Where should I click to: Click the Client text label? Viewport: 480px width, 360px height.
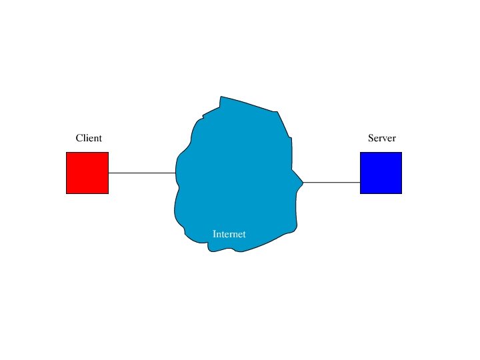pos(89,139)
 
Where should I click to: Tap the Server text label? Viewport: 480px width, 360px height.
pos(382,139)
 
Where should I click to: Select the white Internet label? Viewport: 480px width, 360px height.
pos(229,235)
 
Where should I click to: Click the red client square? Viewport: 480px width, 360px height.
pos(87,173)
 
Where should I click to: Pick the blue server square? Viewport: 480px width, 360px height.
pos(381,173)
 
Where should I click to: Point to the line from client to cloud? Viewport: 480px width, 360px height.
pos(142,173)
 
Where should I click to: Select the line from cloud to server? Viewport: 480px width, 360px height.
pos(332,182)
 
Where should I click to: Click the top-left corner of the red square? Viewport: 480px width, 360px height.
pos(67,153)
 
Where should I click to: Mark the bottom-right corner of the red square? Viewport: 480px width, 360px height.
pos(108,193)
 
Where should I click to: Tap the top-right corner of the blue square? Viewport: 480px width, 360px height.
pos(401,153)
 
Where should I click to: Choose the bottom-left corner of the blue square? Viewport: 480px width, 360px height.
pos(361,193)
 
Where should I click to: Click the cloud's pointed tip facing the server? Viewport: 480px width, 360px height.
pos(303,181)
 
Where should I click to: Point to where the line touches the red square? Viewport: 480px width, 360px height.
pos(109,173)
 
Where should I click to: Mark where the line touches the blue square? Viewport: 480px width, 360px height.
pos(360,182)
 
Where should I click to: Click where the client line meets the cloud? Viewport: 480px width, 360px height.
pos(176,173)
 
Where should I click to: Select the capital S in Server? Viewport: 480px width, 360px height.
pos(371,139)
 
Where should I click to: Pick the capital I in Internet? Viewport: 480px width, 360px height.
pos(214,235)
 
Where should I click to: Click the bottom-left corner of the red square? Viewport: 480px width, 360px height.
pos(67,193)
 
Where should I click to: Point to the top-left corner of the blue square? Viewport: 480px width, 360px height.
pos(361,153)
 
